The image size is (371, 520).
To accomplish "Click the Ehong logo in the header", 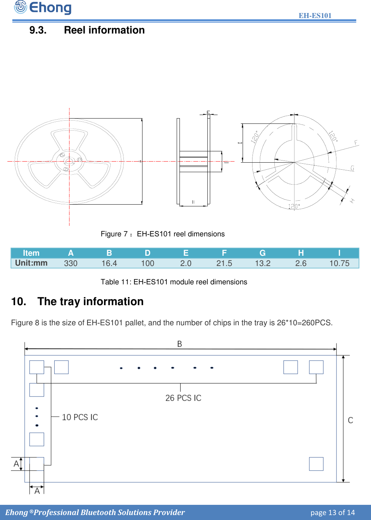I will pyautogui.click(x=43, y=7).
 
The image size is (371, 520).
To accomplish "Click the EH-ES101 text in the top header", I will pyautogui.click(x=315, y=16).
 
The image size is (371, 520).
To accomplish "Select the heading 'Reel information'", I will pyautogui.click(x=104, y=30).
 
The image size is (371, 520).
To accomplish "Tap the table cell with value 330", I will pyautogui.click(x=71, y=264).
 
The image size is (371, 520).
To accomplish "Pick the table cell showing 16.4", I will pyautogui.click(x=109, y=264).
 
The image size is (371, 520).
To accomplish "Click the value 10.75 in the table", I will pyautogui.click(x=339, y=264).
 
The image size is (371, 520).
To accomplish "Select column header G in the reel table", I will pyautogui.click(x=262, y=253).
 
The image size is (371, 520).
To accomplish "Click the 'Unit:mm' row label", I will pyautogui.click(x=31, y=263).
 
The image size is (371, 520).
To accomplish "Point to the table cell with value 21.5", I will pyautogui.click(x=224, y=264).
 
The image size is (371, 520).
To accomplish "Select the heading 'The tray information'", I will pyautogui.click(x=90, y=302).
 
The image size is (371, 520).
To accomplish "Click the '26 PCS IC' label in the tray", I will pyautogui.click(x=183, y=398).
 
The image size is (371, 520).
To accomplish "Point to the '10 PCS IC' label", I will pyautogui.click(x=80, y=417).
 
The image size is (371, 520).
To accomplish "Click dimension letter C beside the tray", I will pyautogui.click(x=350, y=420).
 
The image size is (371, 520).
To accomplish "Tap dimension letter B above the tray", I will pyautogui.click(x=180, y=344).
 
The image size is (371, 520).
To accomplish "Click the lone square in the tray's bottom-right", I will pyautogui.click(x=316, y=464).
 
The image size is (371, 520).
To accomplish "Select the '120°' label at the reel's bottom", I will pyautogui.click(x=294, y=206).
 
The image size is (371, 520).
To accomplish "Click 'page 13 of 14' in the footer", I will pyautogui.click(x=332, y=513).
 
